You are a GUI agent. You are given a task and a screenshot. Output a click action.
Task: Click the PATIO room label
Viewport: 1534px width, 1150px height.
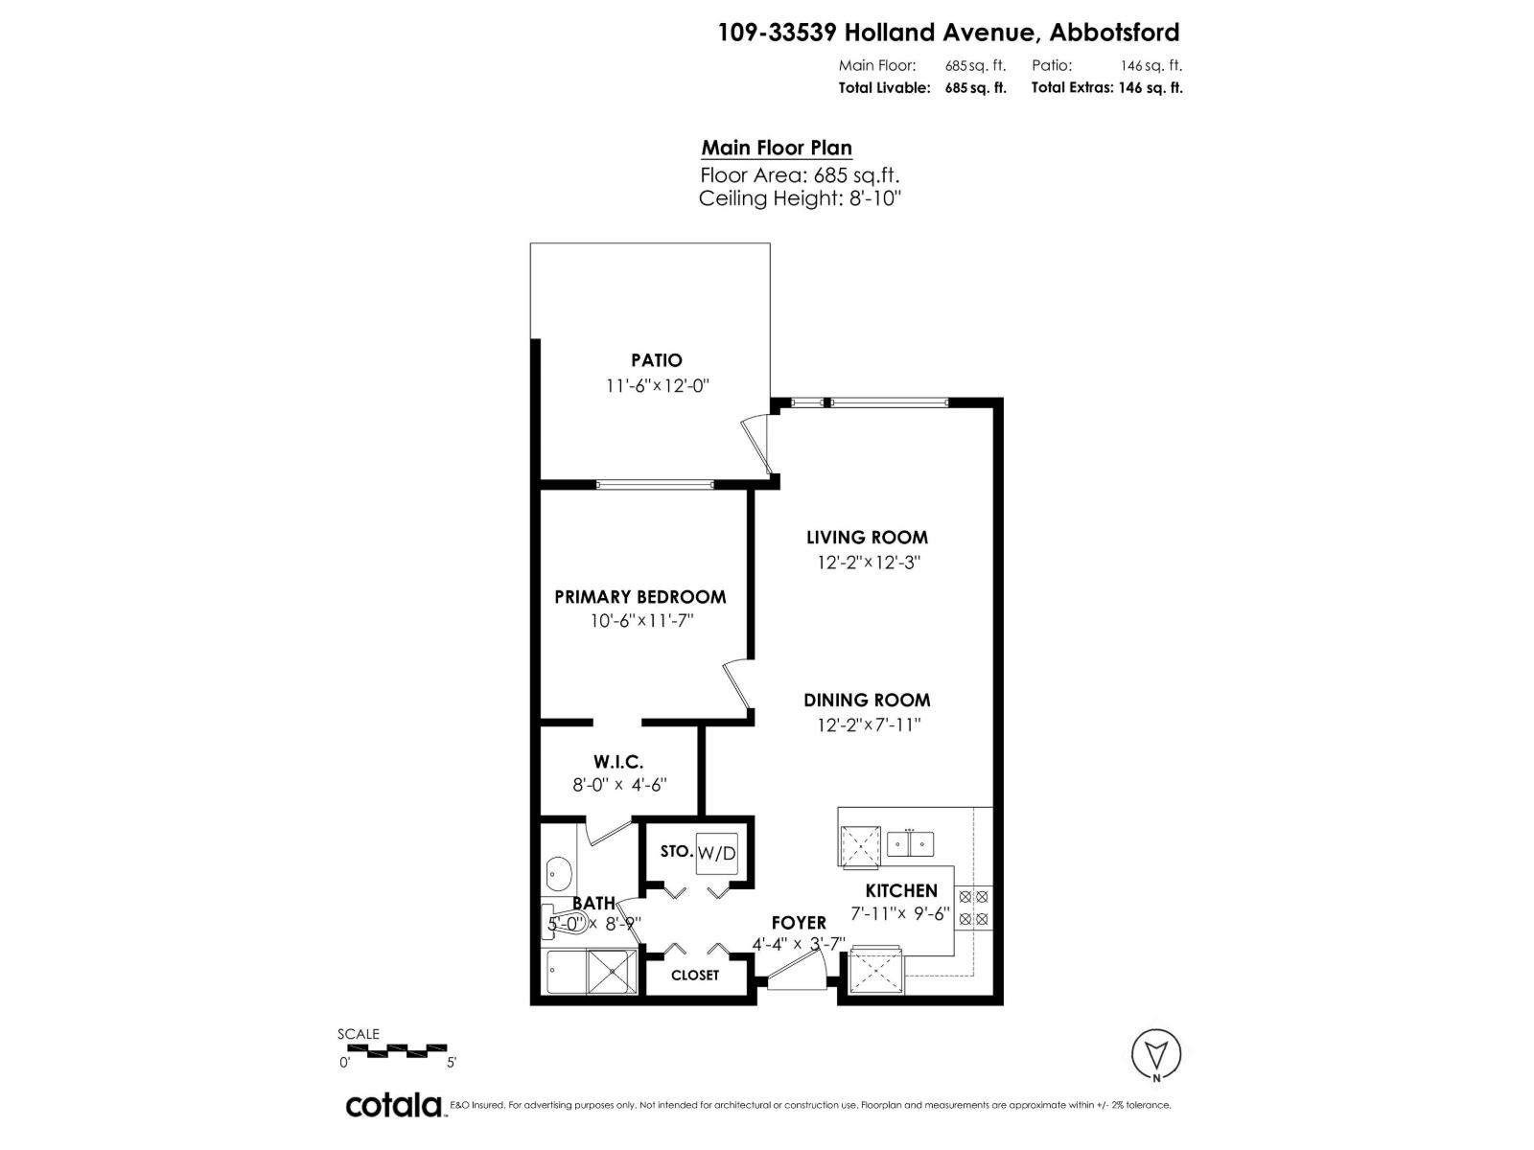657,360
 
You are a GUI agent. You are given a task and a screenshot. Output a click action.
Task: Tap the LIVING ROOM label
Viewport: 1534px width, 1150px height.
867,538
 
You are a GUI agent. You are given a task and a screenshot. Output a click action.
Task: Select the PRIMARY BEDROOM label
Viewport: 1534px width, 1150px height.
640,596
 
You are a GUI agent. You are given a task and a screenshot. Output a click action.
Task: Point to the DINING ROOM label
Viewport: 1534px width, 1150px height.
867,701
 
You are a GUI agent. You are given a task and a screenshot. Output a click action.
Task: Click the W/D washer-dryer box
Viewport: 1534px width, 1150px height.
717,853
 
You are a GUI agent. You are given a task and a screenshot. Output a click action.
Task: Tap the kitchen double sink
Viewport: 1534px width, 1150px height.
910,843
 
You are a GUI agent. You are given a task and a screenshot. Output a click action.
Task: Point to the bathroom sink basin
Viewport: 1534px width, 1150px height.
559,874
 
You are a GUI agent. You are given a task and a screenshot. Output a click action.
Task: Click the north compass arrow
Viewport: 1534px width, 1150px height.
1156,1054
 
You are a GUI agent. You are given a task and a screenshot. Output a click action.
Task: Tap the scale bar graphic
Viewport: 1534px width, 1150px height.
394,1049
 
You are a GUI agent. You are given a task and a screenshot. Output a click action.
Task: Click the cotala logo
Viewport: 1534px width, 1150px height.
394,1105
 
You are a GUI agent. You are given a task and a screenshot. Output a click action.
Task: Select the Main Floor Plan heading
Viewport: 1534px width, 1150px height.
777,148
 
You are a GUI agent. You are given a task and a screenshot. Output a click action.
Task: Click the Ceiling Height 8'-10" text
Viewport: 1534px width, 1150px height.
801,198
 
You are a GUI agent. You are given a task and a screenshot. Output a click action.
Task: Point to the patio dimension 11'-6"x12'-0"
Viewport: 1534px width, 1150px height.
657,386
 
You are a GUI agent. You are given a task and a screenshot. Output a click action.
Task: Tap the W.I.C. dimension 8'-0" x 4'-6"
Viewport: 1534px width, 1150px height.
619,784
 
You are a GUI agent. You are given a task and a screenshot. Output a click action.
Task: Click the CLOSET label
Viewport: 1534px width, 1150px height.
695,975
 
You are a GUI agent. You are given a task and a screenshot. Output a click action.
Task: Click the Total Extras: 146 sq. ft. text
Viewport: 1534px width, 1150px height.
1106,87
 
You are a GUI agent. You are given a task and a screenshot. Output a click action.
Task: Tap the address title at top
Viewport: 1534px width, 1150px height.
949,33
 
